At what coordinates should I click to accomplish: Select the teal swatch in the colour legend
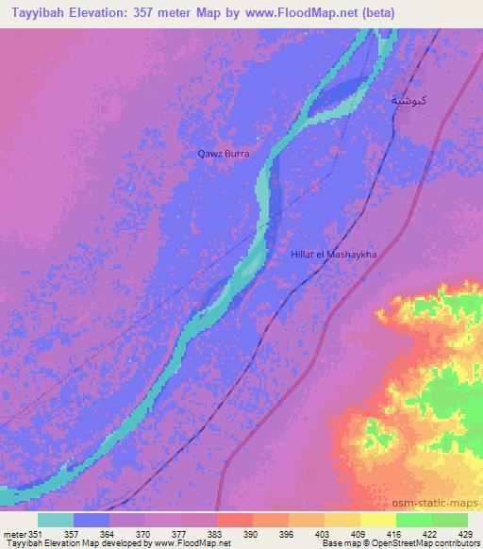(56, 520)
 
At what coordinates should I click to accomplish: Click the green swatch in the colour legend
(432, 520)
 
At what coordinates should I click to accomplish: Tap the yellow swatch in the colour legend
(378, 520)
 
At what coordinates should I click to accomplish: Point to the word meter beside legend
(15, 534)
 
